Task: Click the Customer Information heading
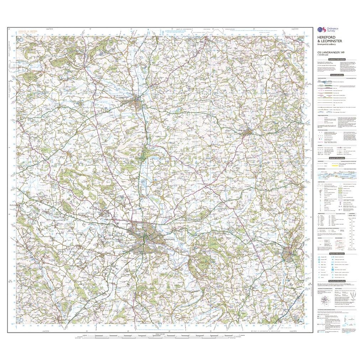[x=336, y=59]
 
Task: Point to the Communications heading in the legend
[x=336, y=75]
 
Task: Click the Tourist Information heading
[x=336, y=254]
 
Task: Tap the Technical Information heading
[x=336, y=281]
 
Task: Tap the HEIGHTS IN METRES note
[x=31, y=31]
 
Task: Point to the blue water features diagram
[x=336, y=175]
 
